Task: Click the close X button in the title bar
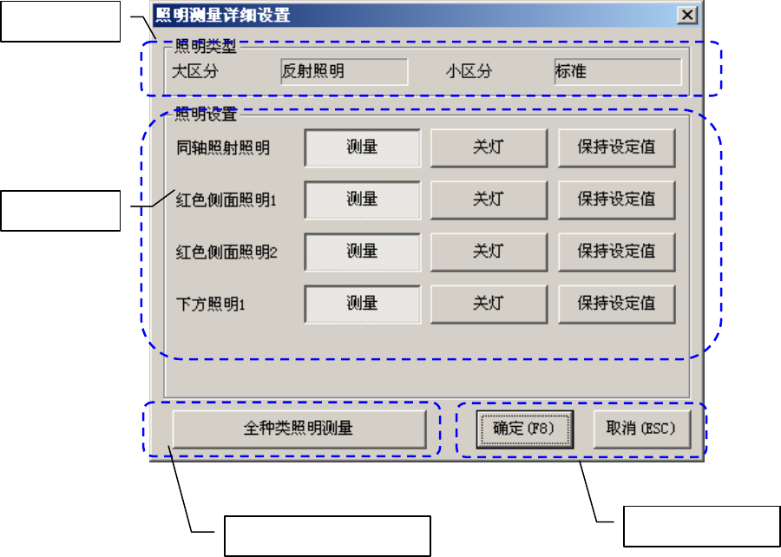click(x=686, y=15)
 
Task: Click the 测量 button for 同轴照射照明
click(x=362, y=147)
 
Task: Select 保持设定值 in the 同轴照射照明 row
click(x=616, y=147)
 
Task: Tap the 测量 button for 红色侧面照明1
click(x=362, y=200)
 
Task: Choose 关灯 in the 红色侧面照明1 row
click(x=489, y=200)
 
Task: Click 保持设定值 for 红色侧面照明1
click(x=616, y=200)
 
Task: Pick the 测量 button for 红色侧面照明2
click(x=362, y=252)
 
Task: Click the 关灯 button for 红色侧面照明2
click(x=489, y=252)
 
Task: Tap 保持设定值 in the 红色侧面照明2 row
click(x=616, y=252)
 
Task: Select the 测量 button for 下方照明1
click(x=362, y=304)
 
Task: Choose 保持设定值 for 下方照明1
click(x=616, y=304)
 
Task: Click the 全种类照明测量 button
click(x=299, y=428)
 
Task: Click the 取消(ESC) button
click(x=640, y=428)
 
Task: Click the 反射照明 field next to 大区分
click(x=344, y=72)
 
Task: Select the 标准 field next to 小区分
click(x=617, y=72)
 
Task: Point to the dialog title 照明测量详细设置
click(x=222, y=15)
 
